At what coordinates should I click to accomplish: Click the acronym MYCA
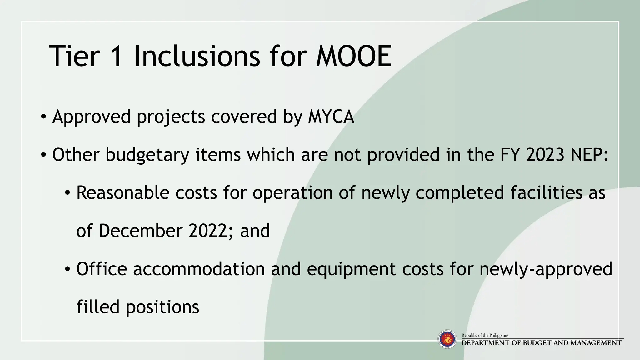pyautogui.click(x=331, y=117)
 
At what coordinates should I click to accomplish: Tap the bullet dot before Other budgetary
pyautogui.click(x=43, y=155)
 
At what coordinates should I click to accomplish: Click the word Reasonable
pyautogui.click(x=123, y=193)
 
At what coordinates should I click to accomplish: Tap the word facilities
pyautogui.click(x=547, y=193)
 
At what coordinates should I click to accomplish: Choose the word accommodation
pyautogui.click(x=199, y=269)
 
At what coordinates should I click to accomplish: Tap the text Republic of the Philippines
pyautogui.click(x=485, y=335)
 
